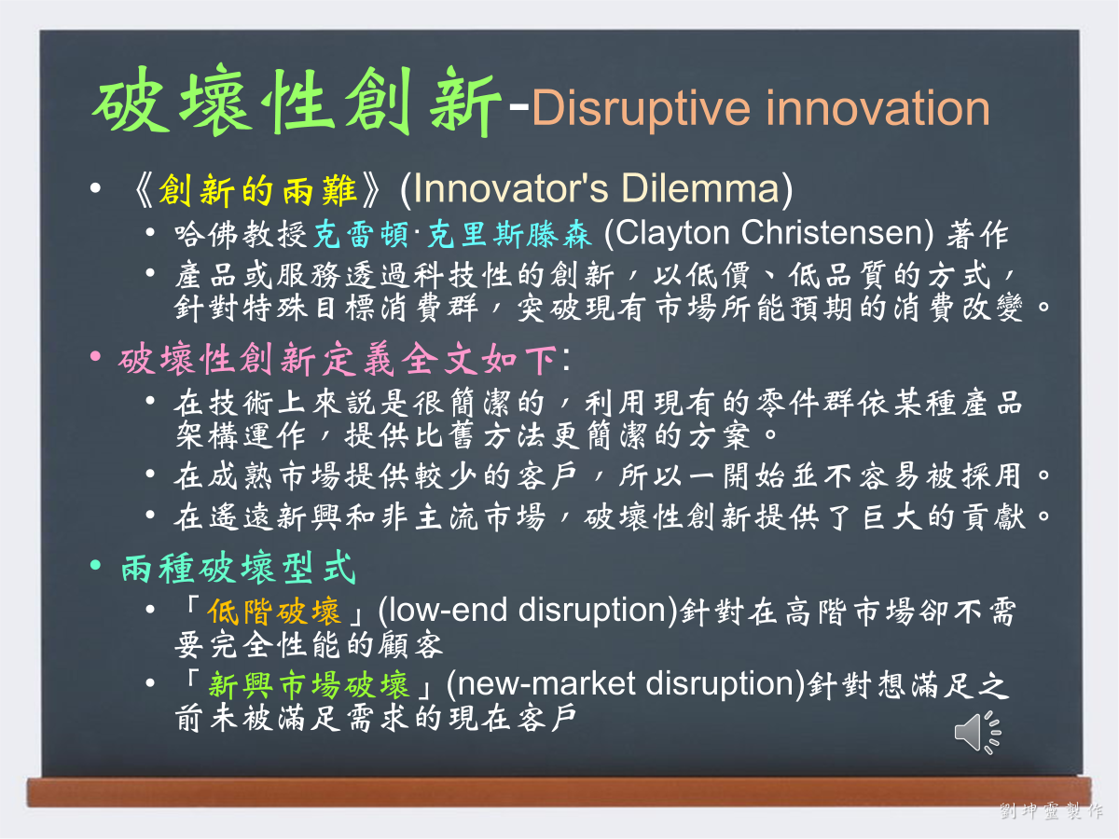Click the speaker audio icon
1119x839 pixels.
pyautogui.click(x=978, y=733)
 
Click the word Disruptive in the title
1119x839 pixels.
pyautogui.click(x=641, y=109)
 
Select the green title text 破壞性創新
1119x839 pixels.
pyautogui.click(x=297, y=101)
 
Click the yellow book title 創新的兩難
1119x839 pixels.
pyautogui.click(x=257, y=190)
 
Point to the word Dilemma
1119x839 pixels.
pyautogui.click(x=700, y=188)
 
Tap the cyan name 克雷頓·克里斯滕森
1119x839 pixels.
pyautogui.click(x=452, y=235)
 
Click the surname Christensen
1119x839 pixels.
pyautogui.click(x=832, y=233)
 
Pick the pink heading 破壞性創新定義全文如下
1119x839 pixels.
pyautogui.click(x=338, y=359)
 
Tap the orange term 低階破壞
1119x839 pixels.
pyautogui.click(x=274, y=611)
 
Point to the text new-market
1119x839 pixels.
pyautogui.click(x=546, y=683)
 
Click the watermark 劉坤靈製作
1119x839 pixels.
pyautogui.click(x=1051, y=810)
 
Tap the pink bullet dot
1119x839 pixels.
pyautogui.click(x=95, y=356)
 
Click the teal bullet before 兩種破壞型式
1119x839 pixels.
pyautogui.click(x=95, y=564)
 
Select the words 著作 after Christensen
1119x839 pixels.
pyautogui.click(x=977, y=235)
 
